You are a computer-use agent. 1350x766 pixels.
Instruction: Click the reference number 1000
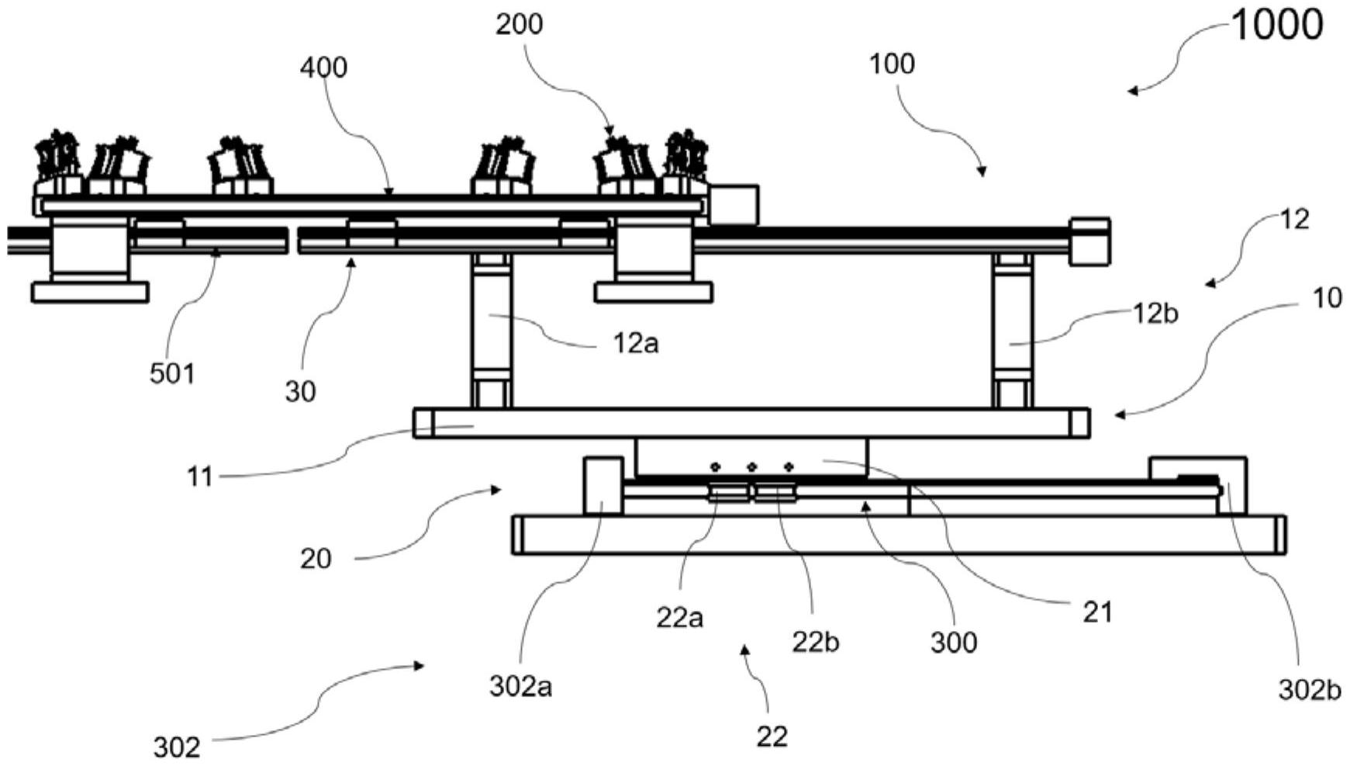[x=1276, y=26]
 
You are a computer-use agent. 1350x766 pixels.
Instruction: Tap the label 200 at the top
[x=519, y=26]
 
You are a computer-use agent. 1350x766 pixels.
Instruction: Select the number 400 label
[x=323, y=68]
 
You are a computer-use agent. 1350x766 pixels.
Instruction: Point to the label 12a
[x=636, y=343]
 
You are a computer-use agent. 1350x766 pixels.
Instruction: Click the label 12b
[x=1155, y=314]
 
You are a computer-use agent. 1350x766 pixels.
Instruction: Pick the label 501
[x=172, y=374]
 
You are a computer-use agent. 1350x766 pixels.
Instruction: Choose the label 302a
[x=520, y=686]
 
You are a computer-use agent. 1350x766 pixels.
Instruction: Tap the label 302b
[x=1309, y=690]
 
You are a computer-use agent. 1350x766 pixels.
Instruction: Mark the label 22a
[x=679, y=618]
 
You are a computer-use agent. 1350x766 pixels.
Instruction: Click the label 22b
[x=815, y=642]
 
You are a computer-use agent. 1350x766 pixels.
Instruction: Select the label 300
[x=953, y=643]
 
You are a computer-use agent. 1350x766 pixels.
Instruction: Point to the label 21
[x=1097, y=612]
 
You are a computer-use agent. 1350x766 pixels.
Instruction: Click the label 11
[x=199, y=476]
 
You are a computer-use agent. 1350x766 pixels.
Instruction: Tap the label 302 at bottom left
[x=177, y=747]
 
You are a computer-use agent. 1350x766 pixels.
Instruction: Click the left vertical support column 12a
[x=492, y=330]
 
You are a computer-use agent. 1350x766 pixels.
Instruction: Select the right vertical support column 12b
[x=1013, y=330]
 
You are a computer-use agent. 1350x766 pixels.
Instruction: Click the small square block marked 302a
[x=602, y=486]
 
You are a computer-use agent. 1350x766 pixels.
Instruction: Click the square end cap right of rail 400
[x=734, y=205]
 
